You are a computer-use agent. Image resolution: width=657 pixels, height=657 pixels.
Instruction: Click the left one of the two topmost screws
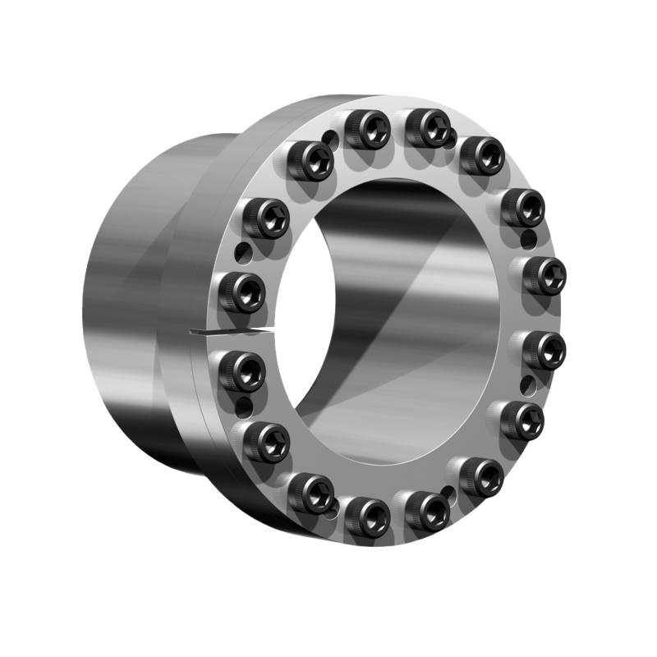point(367,129)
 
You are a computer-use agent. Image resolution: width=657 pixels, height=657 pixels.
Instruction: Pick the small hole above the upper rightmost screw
point(528,239)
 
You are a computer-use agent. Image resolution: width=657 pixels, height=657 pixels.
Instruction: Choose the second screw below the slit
point(266,441)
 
